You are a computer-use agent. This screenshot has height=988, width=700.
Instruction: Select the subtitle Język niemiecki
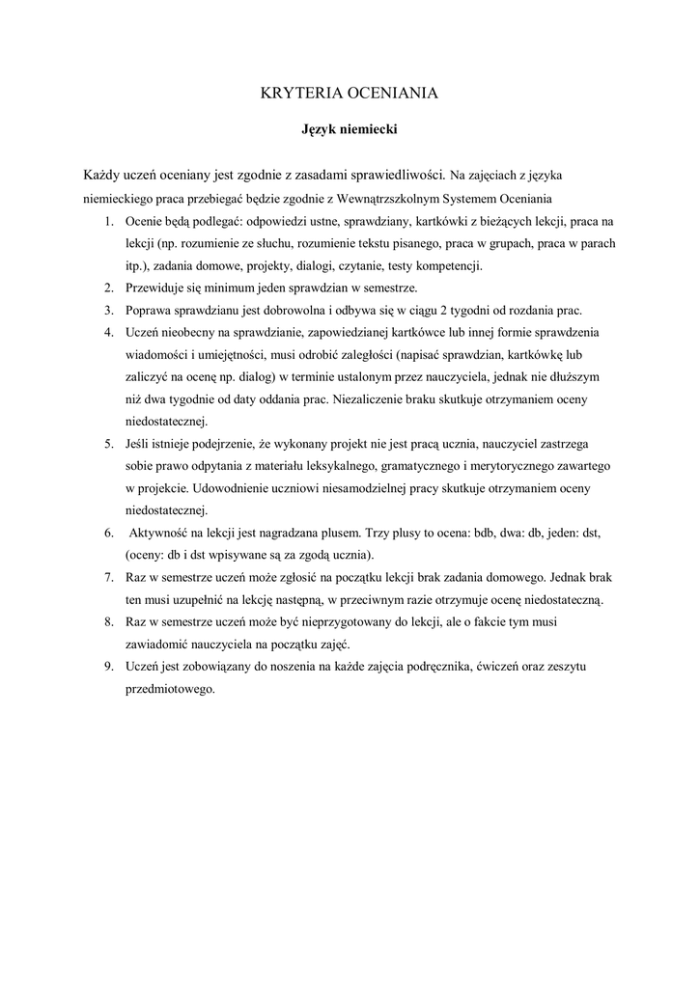click(x=350, y=128)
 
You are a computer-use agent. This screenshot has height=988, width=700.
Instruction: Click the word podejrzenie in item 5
click(x=221, y=444)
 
